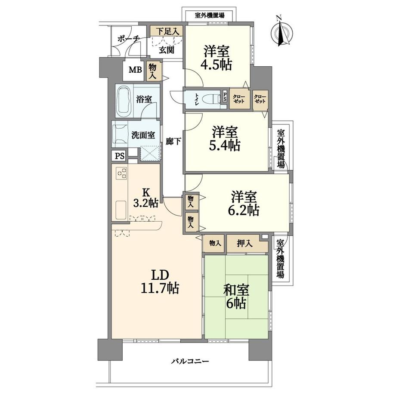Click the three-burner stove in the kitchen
coord(121,173)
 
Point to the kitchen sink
coord(121,210)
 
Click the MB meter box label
coord(135,70)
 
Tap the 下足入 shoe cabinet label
coord(167,31)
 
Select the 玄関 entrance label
coord(167,50)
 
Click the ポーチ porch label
coord(129,39)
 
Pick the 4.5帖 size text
coord(216,65)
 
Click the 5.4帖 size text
coord(225,145)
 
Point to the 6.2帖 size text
coord(244,210)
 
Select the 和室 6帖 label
coord(236,297)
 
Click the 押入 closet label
coord(244,244)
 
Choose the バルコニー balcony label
coord(190,362)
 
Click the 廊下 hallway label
coord(173,142)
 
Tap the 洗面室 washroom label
coord(143,135)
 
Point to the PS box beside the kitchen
coord(120,156)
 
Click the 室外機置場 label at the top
coord(210,15)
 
